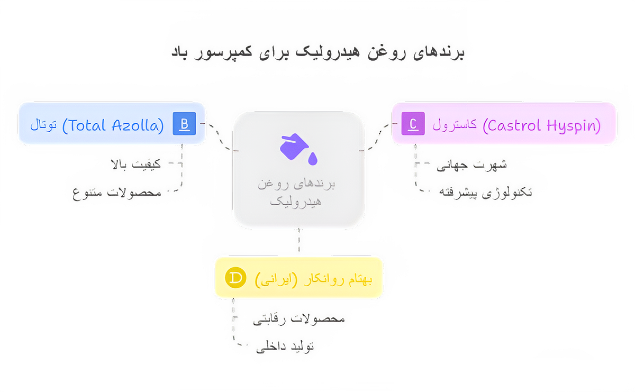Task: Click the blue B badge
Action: coord(184,124)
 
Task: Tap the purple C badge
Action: coord(413,124)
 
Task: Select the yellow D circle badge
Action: coord(235,278)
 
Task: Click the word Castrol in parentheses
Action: coord(514,125)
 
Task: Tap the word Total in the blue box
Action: coord(87,125)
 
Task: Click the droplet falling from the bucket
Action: coord(313,159)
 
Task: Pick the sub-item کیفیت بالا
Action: coord(135,165)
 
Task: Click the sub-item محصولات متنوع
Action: coord(117,193)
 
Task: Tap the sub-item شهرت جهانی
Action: coord(471,165)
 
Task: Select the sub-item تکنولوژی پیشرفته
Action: coord(485,193)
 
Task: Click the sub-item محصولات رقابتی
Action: coord(299,320)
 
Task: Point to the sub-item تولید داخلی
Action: coord(285,347)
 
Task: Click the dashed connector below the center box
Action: coord(298,240)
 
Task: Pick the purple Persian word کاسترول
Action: coord(455,125)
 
